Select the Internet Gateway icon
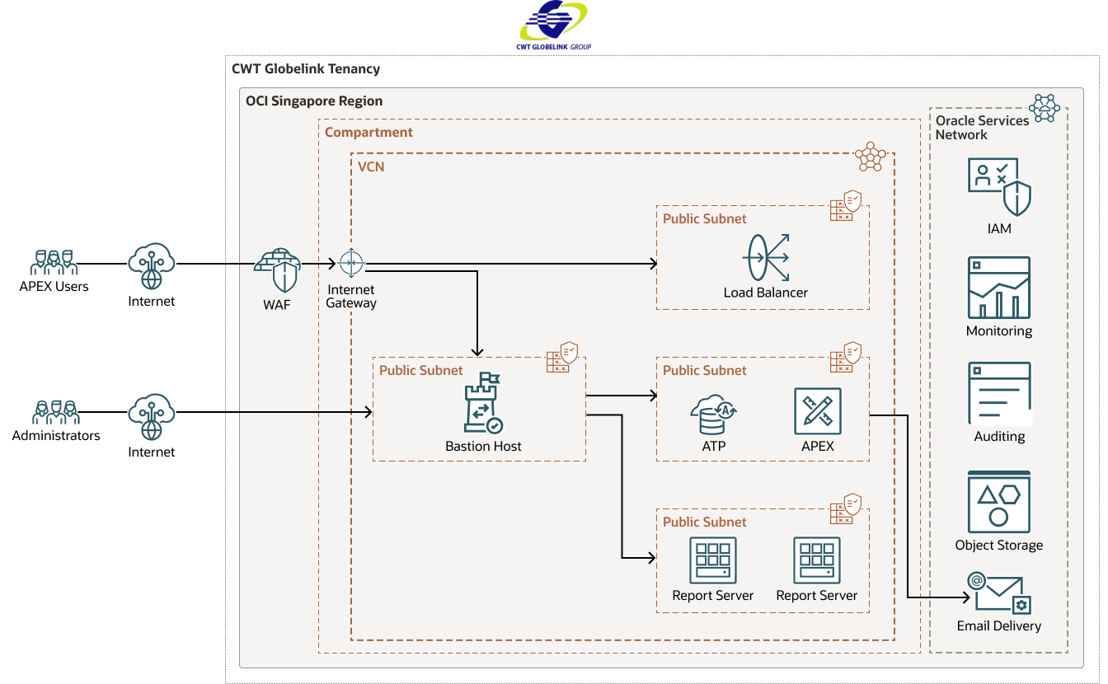351,264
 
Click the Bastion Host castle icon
483,403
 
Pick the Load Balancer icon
765,258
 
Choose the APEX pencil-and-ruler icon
817,411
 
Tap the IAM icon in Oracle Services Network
999,187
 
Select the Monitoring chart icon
999,288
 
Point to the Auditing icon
999,393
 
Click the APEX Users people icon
54,263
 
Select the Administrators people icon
54,412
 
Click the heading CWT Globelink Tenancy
306,69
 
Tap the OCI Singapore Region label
314,101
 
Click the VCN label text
371,166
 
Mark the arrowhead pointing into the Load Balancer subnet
653,264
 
